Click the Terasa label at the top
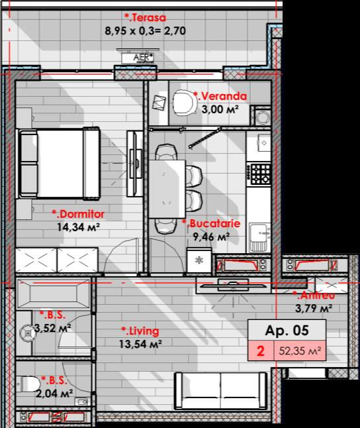(x=145, y=18)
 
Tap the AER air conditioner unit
(x=138, y=57)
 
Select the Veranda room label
(x=220, y=96)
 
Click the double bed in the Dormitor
(x=59, y=163)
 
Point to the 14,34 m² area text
(x=77, y=227)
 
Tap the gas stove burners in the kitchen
(x=261, y=174)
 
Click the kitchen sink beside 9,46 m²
(x=259, y=237)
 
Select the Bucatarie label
(x=211, y=223)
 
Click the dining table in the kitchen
(x=167, y=189)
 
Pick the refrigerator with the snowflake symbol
(x=199, y=260)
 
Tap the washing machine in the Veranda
(x=262, y=116)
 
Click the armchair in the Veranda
(x=185, y=103)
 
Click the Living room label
(x=140, y=331)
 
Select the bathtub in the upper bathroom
(x=54, y=294)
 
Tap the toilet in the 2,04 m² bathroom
(x=28, y=384)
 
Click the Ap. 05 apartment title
(x=287, y=331)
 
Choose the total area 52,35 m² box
(x=300, y=350)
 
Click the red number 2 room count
(x=261, y=351)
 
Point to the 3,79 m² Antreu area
(x=314, y=309)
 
